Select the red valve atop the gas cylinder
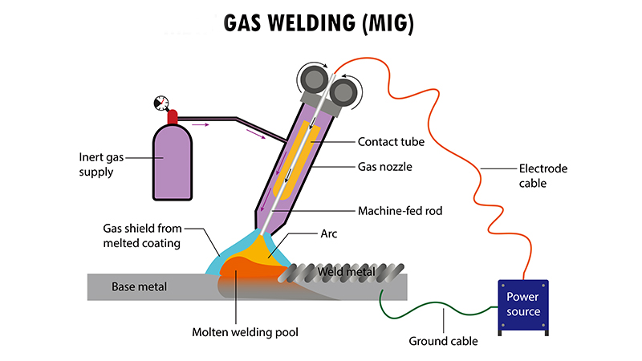[172, 117]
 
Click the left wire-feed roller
[311, 79]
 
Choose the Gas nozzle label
[388, 168]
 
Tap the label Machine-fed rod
[401, 212]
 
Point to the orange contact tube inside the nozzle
[295, 160]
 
